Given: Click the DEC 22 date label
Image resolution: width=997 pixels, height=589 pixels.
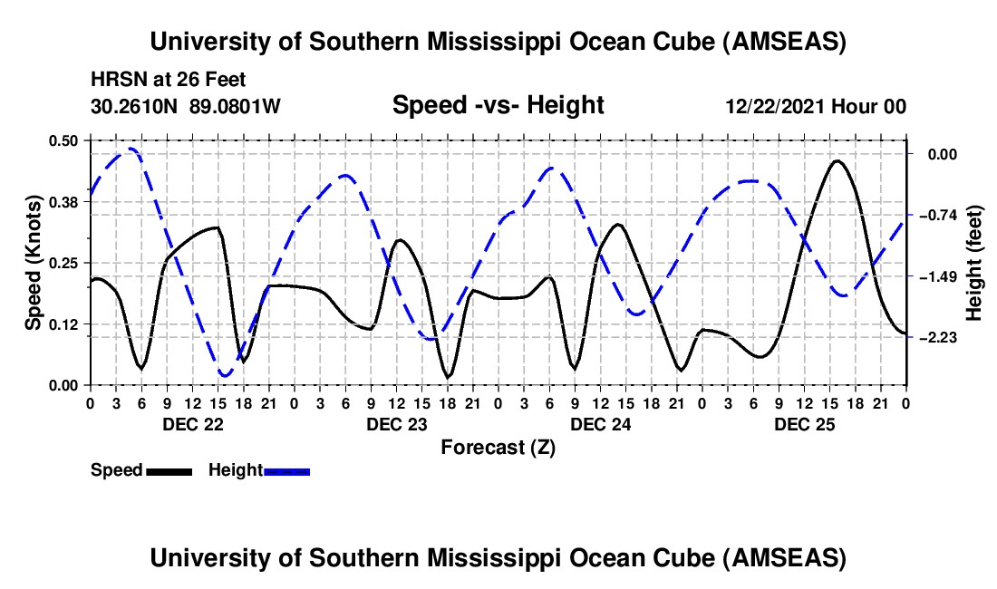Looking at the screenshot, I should coord(192,424).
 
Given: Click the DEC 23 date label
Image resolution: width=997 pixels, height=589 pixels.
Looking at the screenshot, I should coord(396,424).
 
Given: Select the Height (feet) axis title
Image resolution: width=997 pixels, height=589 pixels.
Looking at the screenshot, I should coord(974,262).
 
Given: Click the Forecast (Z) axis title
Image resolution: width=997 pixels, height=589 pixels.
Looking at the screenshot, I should coord(498,447).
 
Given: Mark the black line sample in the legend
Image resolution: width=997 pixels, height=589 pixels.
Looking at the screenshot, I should coord(169,470).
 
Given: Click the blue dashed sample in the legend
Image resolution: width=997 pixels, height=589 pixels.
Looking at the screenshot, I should coord(287,470).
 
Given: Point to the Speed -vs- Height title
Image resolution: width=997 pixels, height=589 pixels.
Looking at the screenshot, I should coord(498,105).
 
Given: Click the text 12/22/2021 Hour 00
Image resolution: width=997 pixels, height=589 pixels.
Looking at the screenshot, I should coord(816,106).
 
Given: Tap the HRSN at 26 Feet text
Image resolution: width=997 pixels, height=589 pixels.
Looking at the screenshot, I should coord(169,81).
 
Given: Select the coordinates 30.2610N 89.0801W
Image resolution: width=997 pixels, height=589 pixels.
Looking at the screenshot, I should coord(186,106).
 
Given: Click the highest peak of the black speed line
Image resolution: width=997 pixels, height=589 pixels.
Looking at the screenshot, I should coord(837,161).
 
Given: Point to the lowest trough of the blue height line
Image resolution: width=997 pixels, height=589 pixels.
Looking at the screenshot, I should coord(225,375).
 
